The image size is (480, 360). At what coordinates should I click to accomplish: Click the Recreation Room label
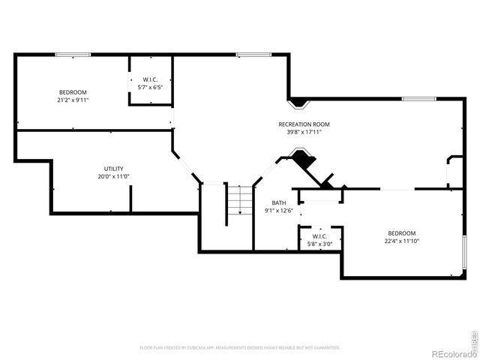click(304, 124)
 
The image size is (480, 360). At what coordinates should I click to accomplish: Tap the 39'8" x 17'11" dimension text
click(304, 133)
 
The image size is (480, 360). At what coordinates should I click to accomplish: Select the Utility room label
click(114, 169)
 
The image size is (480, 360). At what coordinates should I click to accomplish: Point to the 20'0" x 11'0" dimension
click(114, 177)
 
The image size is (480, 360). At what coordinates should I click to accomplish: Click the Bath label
click(278, 203)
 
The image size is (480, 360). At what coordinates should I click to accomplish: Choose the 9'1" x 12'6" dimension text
click(278, 211)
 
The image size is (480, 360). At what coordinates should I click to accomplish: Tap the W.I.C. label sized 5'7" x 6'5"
click(151, 79)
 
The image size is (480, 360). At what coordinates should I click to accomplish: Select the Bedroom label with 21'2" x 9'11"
click(73, 91)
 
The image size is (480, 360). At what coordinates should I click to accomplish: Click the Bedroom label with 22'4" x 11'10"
click(402, 233)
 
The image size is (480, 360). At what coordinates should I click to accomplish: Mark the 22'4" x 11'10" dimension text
click(402, 241)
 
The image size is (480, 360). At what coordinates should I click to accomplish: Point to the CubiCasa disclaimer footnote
click(240, 348)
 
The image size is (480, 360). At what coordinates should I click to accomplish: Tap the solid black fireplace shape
click(304, 160)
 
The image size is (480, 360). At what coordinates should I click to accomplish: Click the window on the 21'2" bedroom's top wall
click(73, 54)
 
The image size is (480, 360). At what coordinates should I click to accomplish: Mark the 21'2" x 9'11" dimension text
click(73, 100)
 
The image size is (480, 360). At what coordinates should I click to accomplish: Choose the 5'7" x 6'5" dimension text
click(151, 88)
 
